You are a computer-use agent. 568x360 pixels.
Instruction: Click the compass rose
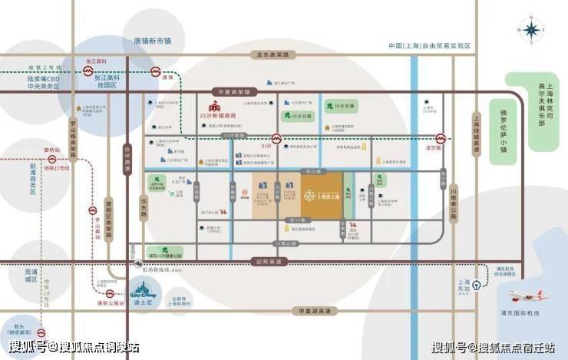[x=530, y=30]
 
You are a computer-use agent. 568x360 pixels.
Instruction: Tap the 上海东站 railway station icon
[x=477, y=282]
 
